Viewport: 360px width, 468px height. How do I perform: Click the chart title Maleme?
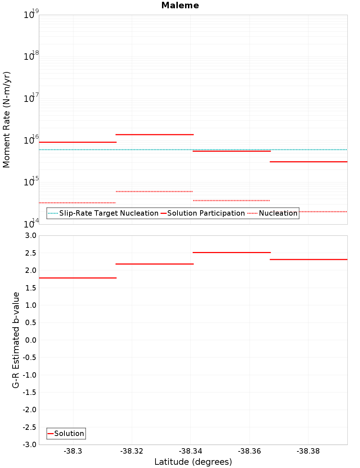(180, 5)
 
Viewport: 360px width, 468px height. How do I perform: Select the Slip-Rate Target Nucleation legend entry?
(103, 213)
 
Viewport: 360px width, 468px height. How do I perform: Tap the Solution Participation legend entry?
(203, 213)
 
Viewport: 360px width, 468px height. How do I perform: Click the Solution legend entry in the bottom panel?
(66, 433)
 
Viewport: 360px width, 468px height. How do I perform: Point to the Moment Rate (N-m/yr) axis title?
(6, 120)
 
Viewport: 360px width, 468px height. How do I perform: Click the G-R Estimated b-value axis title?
(16, 340)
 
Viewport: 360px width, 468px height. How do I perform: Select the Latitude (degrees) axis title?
(193, 462)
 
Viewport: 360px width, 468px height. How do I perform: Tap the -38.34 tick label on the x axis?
(191, 451)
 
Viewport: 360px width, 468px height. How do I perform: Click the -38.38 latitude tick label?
(308, 451)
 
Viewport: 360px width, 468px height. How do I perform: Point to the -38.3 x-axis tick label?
(73, 451)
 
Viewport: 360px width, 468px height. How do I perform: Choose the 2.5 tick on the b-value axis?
(30, 253)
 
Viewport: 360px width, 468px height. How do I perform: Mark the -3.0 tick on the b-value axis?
(30, 445)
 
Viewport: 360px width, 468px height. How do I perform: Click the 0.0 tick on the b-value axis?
(30, 340)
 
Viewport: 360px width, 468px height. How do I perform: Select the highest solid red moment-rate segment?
(154, 135)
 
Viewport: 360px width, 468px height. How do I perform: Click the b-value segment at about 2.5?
(231, 253)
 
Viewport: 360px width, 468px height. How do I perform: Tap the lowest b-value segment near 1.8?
(78, 278)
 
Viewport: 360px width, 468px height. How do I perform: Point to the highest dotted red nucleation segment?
(154, 192)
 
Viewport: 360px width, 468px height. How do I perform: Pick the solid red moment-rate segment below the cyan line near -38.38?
(309, 162)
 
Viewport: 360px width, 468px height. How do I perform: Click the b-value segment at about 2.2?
(154, 264)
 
